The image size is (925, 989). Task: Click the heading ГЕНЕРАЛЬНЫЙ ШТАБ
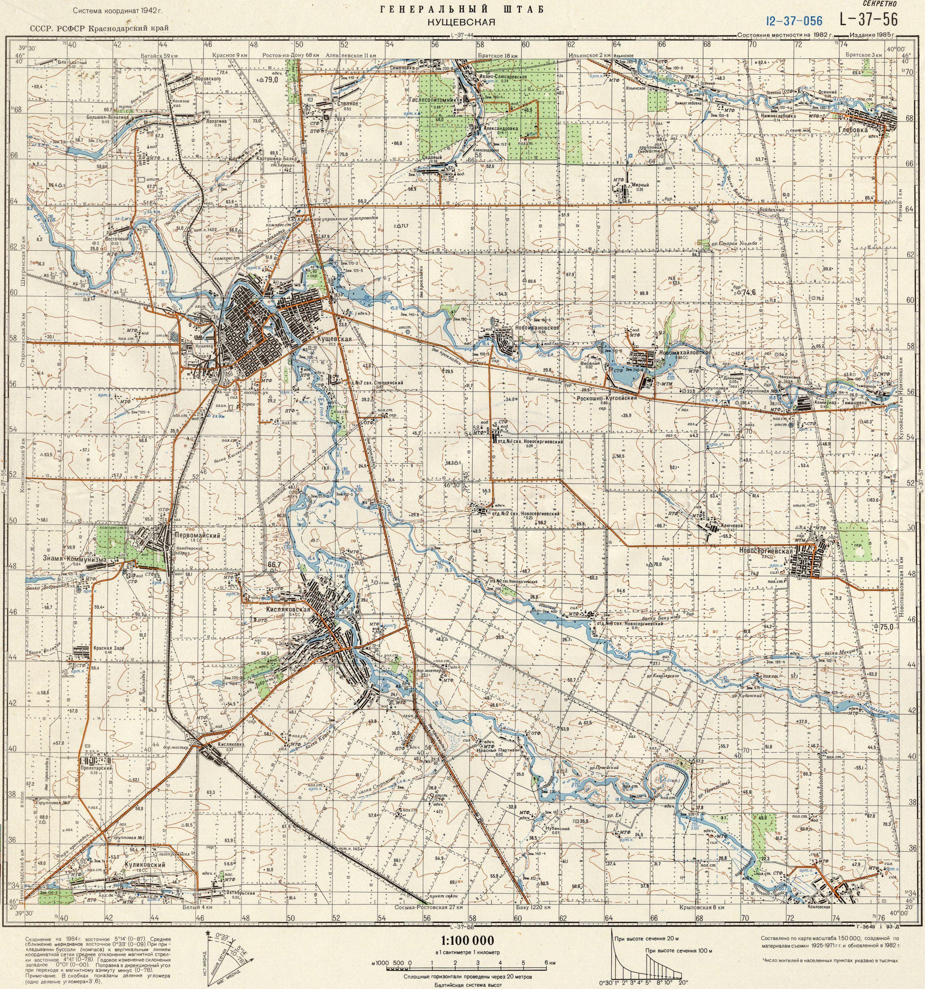(462, 8)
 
